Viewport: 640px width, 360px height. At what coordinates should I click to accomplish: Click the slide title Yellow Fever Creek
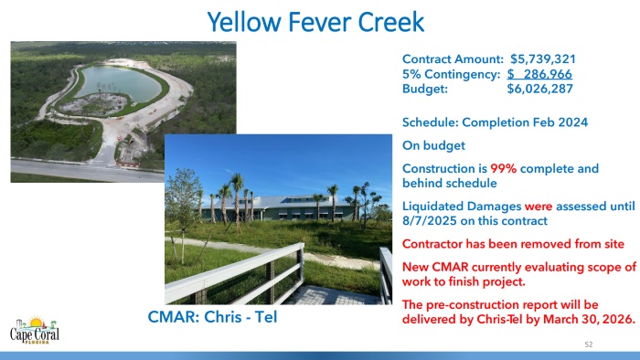pos(315,21)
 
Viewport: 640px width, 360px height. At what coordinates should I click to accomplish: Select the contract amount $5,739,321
pos(541,59)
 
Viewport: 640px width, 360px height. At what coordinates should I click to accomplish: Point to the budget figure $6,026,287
pos(541,90)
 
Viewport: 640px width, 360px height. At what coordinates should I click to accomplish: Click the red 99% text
pos(504,169)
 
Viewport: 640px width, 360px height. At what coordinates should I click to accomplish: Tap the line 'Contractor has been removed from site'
pos(513,244)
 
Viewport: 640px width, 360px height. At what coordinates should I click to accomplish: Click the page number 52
pos(589,344)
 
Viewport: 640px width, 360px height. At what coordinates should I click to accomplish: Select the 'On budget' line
pos(433,144)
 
